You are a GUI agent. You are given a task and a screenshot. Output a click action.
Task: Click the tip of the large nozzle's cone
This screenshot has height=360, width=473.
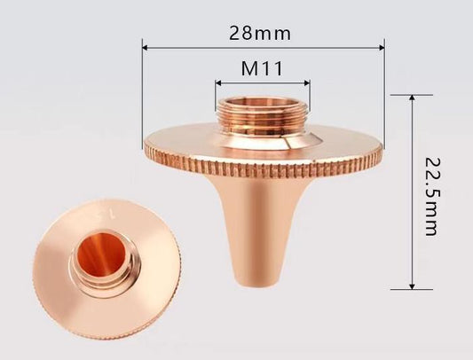(x=251, y=281)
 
